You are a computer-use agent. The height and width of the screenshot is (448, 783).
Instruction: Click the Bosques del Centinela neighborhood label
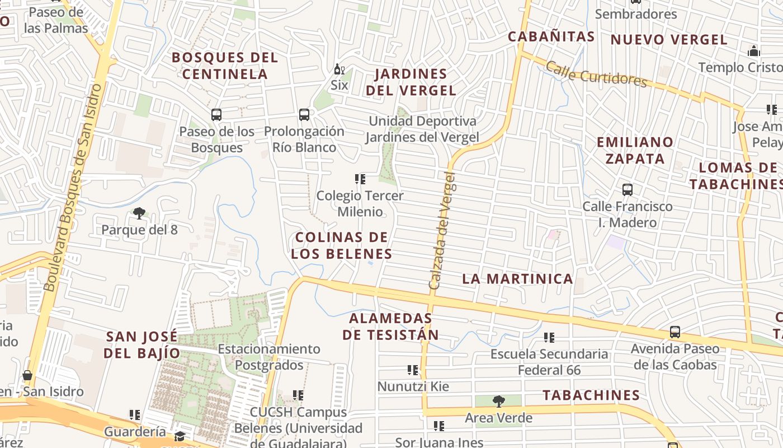pyautogui.click(x=225, y=66)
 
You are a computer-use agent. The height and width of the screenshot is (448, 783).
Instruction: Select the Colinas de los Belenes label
pyautogui.click(x=341, y=245)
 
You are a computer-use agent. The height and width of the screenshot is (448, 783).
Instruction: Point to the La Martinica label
pyautogui.click(x=518, y=279)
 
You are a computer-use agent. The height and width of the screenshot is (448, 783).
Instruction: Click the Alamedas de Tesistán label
pyautogui.click(x=390, y=326)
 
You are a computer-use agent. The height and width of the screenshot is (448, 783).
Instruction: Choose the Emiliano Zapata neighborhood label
pyautogui.click(x=635, y=150)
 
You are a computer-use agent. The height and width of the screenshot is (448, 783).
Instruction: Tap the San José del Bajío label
pyautogui.click(x=143, y=345)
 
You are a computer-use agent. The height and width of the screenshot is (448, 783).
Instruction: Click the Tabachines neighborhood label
pyautogui.click(x=591, y=395)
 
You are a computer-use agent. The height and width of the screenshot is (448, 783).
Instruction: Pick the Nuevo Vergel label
pyautogui.click(x=669, y=40)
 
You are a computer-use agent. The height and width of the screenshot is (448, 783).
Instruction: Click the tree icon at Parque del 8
pyautogui.click(x=139, y=213)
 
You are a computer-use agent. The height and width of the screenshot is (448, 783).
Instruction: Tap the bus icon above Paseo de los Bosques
pyautogui.click(x=216, y=115)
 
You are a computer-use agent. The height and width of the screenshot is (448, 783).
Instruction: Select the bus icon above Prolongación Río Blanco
pyautogui.click(x=304, y=115)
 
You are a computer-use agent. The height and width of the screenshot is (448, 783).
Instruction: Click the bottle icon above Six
pyautogui.click(x=338, y=69)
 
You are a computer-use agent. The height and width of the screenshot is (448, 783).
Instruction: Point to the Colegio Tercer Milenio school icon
pyautogui.click(x=360, y=179)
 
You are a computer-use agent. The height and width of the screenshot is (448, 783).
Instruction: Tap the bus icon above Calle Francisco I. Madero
pyautogui.click(x=628, y=190)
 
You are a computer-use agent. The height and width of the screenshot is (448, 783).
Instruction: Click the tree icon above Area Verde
pyautogui.click(x=498, y=401)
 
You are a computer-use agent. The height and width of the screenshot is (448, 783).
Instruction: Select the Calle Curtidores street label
pyautogui.click(x=596, y=74)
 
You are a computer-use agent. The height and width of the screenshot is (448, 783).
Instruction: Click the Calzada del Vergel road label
pyautogui.click(x=442, y=231)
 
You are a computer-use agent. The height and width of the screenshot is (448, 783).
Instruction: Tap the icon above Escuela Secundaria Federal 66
pyautogui.click(x=549, y=338)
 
